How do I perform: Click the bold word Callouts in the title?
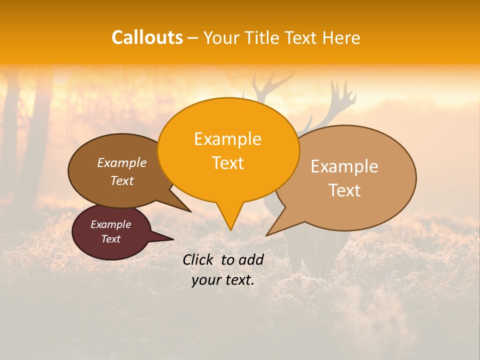[147, 37]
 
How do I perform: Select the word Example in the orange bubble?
[227, 139]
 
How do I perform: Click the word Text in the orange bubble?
[227, 163]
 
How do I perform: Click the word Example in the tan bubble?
[344, 166]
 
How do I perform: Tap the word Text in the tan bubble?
[344, 190]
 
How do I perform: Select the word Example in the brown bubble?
[121, 163]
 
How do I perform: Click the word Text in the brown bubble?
[121, 181]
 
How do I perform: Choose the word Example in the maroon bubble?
[110, 224]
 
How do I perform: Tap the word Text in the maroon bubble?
[110, 239]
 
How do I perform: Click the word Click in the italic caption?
[199, 259]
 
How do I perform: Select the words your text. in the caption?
[223, 280]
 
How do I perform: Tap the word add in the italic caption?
[251, 259]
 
